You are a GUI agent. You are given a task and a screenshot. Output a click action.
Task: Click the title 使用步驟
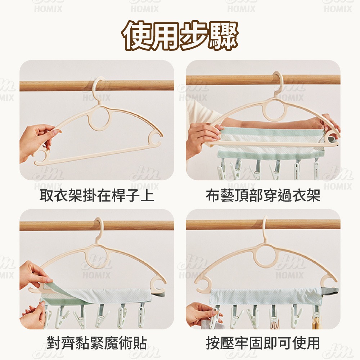(180, 35)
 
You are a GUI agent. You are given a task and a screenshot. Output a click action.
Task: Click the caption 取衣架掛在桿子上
(96, 195)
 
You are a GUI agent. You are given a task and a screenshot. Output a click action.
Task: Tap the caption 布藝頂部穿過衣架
(263, 195)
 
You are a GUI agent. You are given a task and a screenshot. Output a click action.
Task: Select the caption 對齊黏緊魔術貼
(96, 343)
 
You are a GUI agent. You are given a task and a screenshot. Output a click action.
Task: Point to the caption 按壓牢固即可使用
(263, 343)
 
